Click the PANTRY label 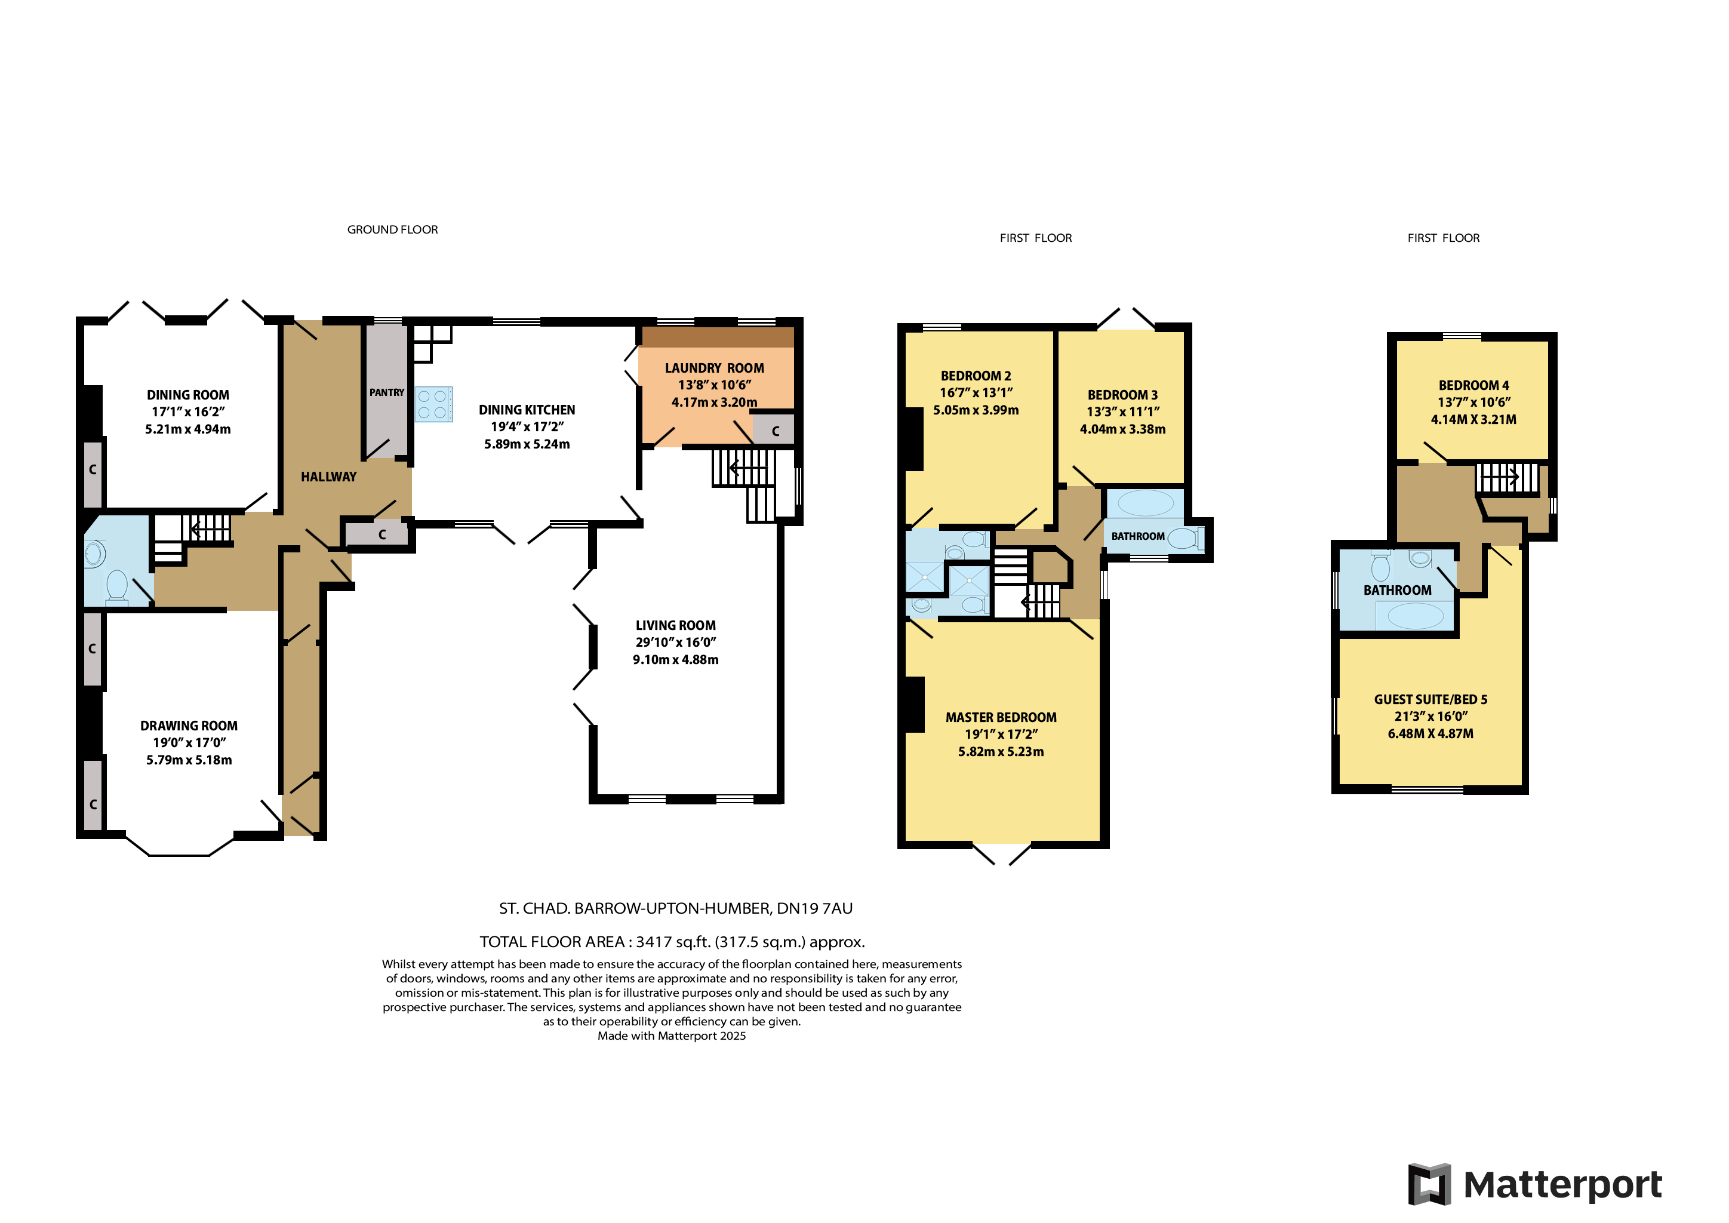pos(386,392)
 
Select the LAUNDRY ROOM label pos(714,368)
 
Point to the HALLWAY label pos(328,477)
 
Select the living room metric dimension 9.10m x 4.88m pos(675,660)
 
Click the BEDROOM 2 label pos(976,376)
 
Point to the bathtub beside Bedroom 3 pos(1145,503)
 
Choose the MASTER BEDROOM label pos(1001,718)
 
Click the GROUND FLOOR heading pos(392,230)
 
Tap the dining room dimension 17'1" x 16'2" pos(188,412)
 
